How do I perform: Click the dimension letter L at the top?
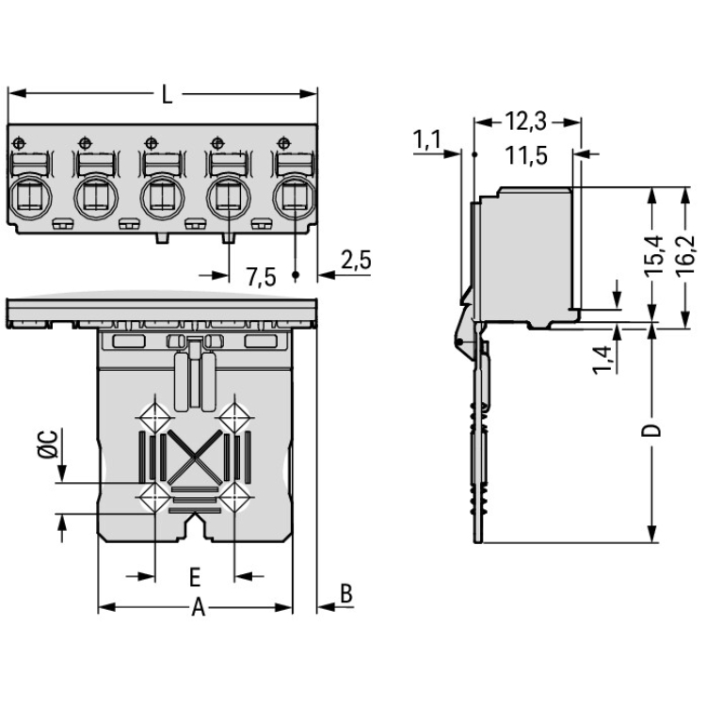[x=166, y=94]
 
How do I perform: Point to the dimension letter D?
[x=653, y=432]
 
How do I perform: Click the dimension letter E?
[x=194, y=575]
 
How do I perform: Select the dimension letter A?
[x=198, y=608]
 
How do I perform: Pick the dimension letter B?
[x=345, y=594]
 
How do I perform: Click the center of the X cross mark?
[x=195, y=456]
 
